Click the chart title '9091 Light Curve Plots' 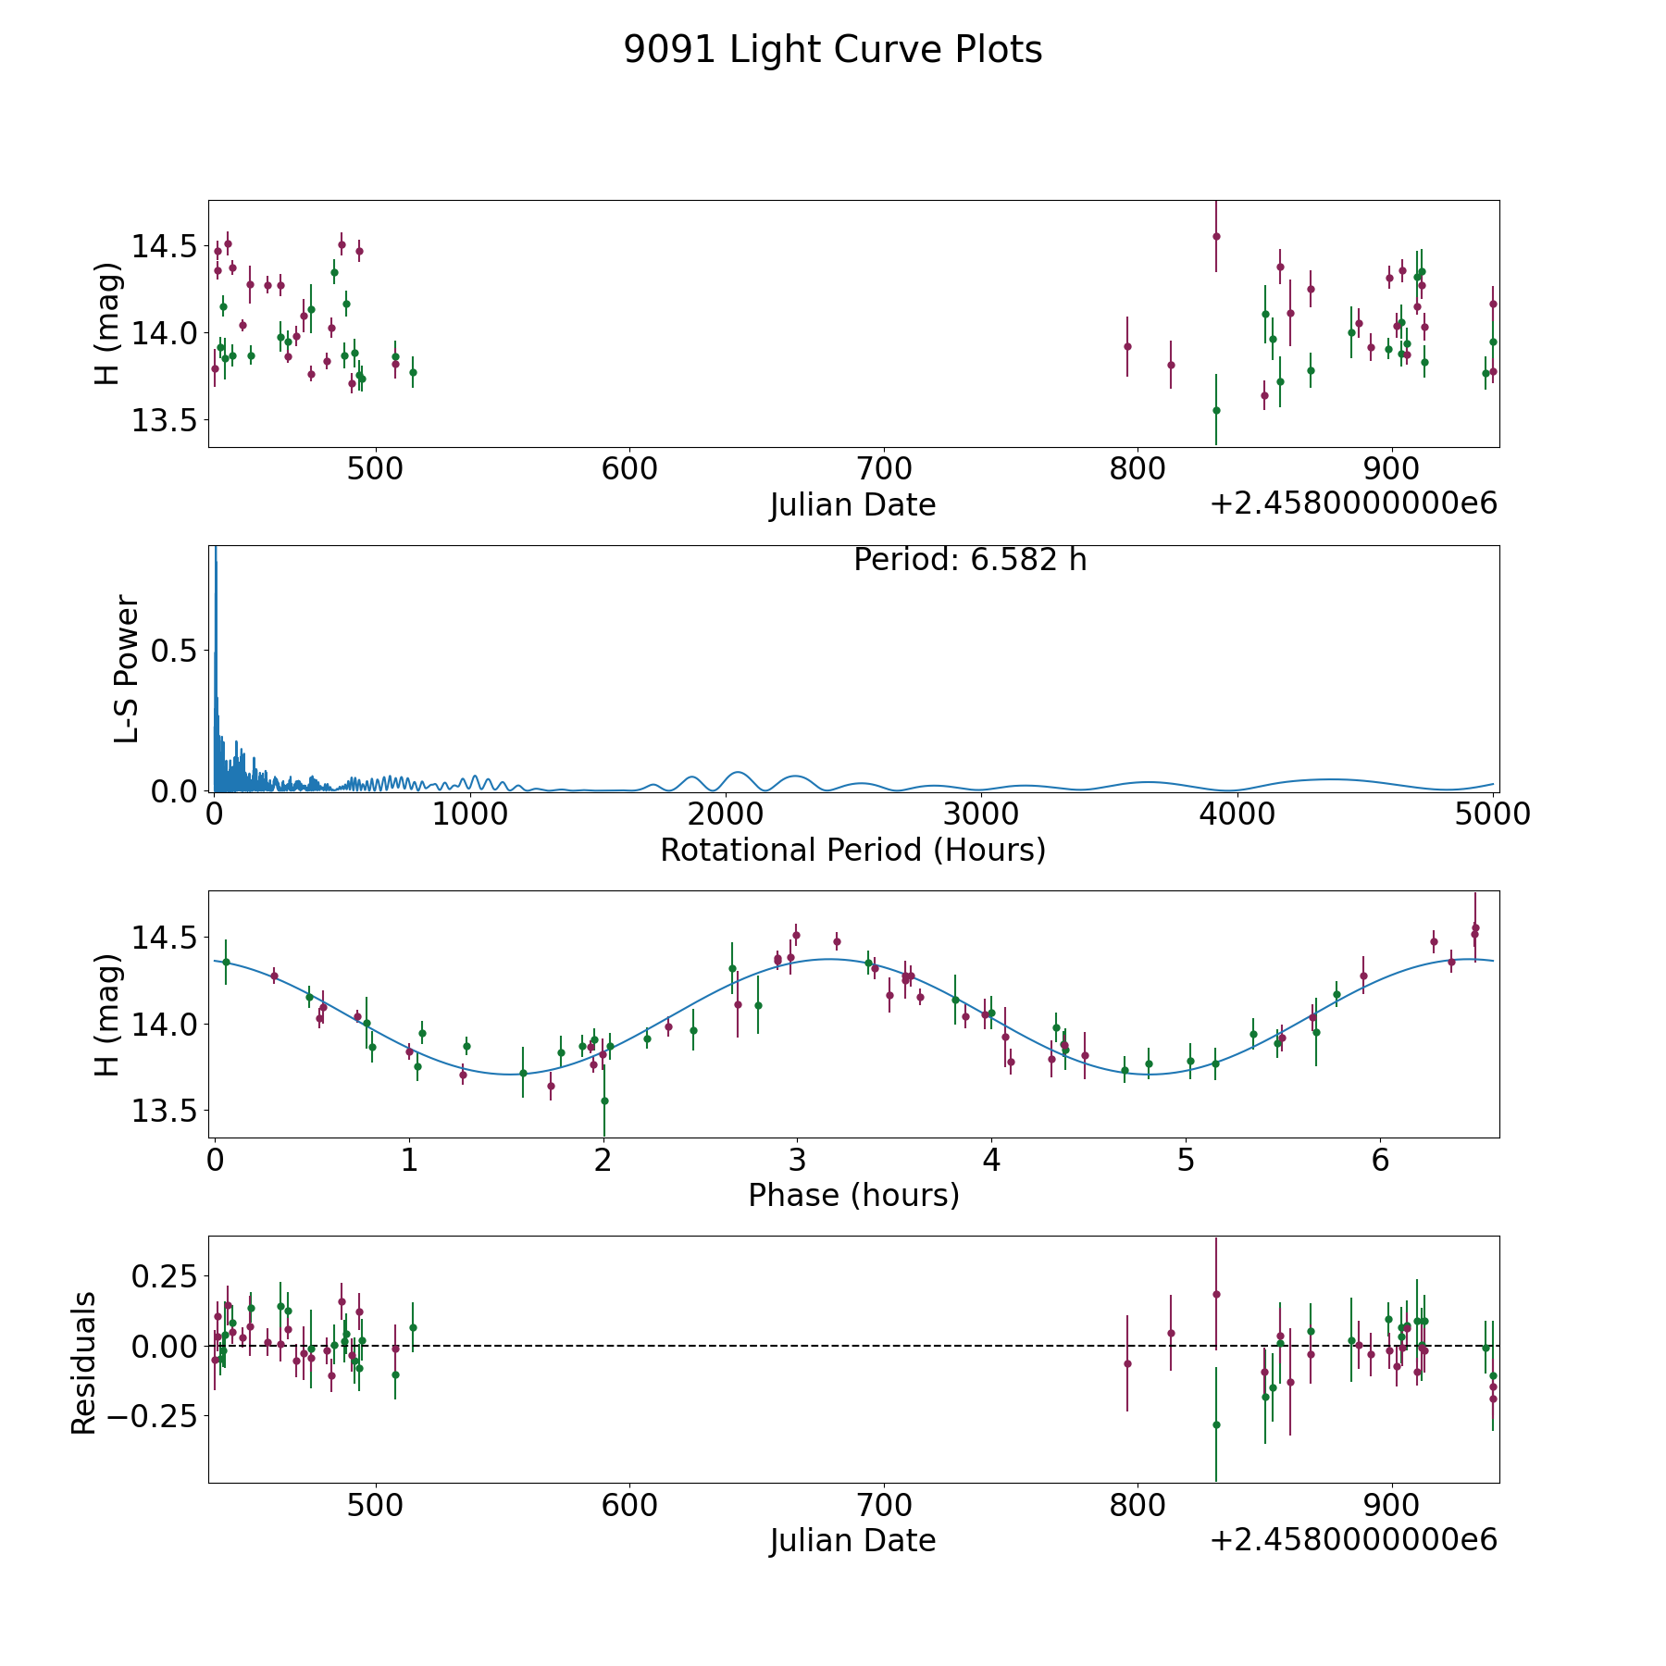832,50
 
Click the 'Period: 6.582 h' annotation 969,560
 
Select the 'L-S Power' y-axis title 127,669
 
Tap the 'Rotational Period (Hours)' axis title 852,850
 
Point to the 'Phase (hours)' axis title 852,1195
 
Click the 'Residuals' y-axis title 83,1362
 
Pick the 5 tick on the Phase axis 1186,1159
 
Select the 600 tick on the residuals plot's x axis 628,1504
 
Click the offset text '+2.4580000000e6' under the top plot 1353,504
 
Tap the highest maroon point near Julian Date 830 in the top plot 1216,236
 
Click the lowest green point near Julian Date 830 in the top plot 1216,410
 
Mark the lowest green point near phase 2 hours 604,1100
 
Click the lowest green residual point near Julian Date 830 1216,1424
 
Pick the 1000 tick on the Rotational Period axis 470,814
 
